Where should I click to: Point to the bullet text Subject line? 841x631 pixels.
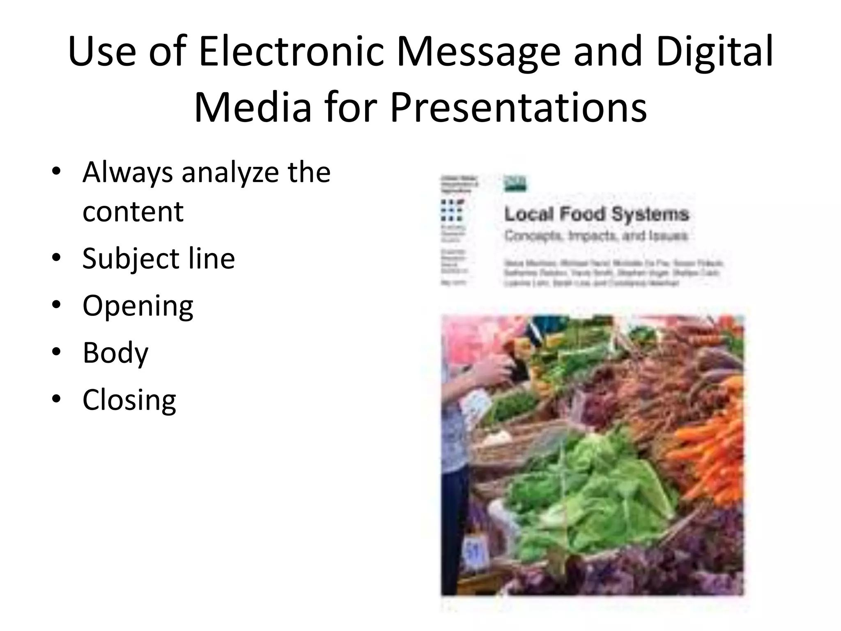159,258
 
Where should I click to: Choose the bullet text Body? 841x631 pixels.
115,352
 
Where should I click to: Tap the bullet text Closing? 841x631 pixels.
129,400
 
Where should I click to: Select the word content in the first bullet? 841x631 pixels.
133,211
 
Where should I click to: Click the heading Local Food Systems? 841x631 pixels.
596,214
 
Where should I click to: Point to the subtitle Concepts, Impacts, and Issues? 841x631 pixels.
595,236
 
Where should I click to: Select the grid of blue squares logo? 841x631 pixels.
451,210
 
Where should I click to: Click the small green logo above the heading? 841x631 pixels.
515,183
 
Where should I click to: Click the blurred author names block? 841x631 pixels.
612,273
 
